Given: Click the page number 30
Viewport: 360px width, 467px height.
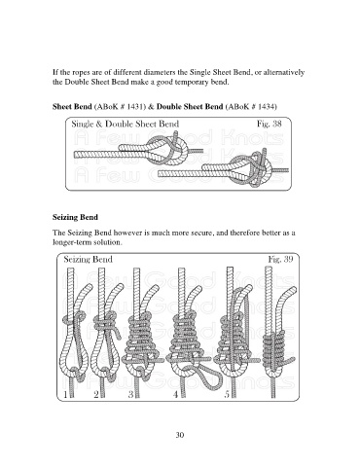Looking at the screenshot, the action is tap(180, 435).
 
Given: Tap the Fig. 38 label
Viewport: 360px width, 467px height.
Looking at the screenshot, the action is tap(269, 124).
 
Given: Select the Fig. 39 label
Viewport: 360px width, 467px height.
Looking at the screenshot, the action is tap(280, 259).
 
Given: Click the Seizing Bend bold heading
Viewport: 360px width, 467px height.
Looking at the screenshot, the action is tap(75, 217).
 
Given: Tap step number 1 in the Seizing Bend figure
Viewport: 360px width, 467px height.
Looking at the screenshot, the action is tap(66, 394).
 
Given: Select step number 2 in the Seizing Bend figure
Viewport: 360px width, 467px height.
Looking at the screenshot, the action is tap(96, 394).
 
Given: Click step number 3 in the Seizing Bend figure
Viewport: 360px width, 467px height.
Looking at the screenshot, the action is tap(131, 394).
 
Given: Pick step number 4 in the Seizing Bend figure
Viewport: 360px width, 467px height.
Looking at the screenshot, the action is tap(176, 394).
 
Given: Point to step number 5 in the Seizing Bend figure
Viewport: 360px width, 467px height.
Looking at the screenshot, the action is tap(227, 394).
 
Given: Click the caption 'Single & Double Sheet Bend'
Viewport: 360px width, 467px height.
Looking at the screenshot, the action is tap(126, 124).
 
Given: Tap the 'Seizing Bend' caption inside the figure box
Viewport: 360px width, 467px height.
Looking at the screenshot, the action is tap(88, 259).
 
